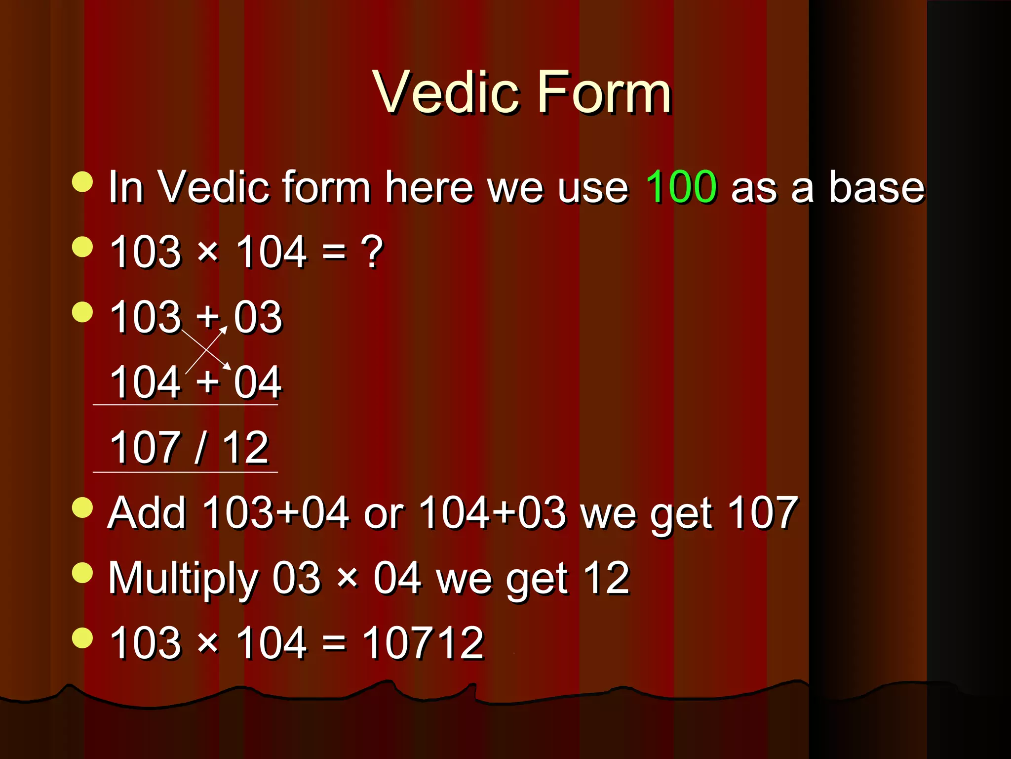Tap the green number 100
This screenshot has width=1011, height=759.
(x=681, y=187)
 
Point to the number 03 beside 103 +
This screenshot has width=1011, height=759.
(x=258, y=317)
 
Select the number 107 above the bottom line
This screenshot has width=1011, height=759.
(x=145, y=447)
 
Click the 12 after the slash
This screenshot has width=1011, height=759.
(x=245, y=447)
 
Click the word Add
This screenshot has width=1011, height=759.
(x=147, y=513)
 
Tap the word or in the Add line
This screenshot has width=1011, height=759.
(x=384, y=514)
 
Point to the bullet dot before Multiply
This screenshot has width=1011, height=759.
(x=82, y=573)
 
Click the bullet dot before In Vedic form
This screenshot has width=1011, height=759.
(x=82, y=181)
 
